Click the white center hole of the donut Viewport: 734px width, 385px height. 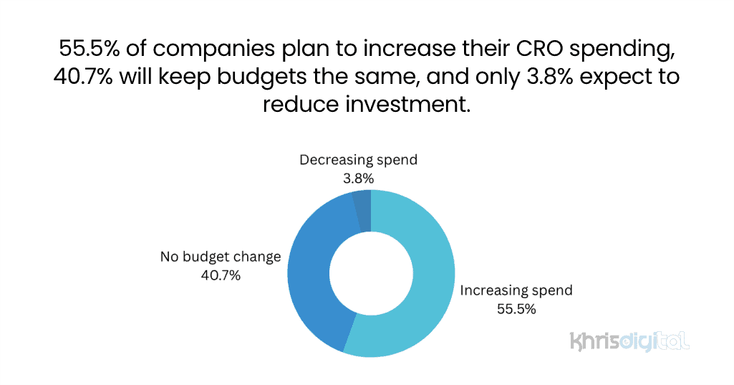point(371,274)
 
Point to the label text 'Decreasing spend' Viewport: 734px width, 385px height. point(358,159)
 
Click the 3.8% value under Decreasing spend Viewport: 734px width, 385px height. point(358,178)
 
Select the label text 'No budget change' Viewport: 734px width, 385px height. point(221,257)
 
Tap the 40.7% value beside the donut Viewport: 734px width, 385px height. point(221,275)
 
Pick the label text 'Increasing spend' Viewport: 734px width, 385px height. point(516,290)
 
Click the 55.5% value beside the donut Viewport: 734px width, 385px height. point(516,309)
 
